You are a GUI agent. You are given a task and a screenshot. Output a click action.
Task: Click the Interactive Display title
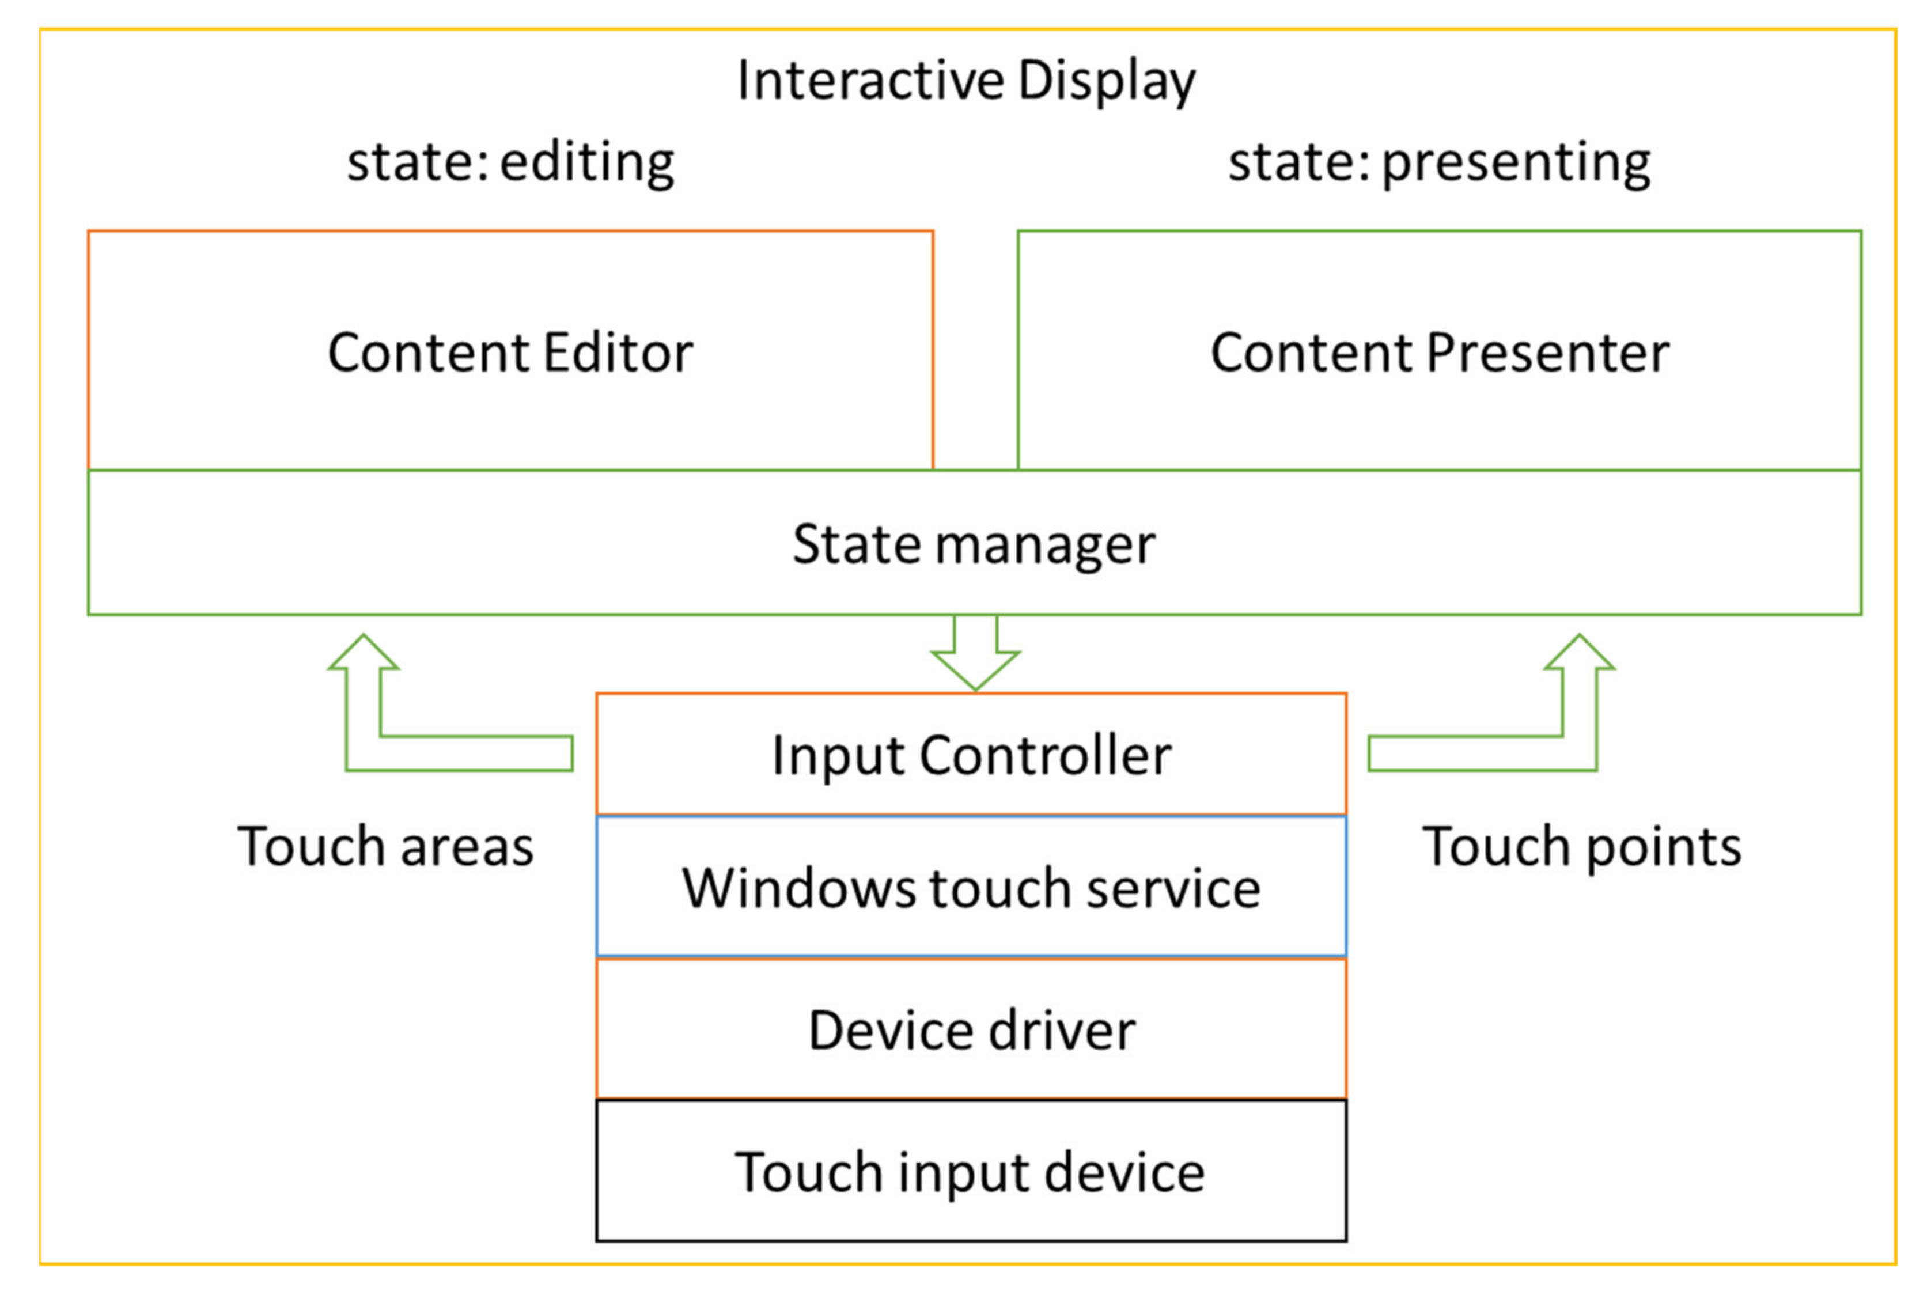click(966, 81)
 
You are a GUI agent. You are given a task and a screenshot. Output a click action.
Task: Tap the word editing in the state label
click(587, 162)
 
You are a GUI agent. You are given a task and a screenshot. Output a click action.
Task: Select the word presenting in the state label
click(1516, 162)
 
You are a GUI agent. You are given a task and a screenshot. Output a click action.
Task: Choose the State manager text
click(973, 544)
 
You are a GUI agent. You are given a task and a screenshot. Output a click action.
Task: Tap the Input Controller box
click(971, 755)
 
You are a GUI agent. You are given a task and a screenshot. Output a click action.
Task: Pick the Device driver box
click(971, 1031)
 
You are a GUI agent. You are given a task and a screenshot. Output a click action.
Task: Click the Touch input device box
click(971, 1173)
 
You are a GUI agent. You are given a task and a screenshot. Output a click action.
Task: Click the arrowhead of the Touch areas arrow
click(364, 653)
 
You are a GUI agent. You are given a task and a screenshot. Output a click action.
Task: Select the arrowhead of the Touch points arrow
click(1579, 653)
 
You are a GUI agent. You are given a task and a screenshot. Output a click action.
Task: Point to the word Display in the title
click(1106, 81)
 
